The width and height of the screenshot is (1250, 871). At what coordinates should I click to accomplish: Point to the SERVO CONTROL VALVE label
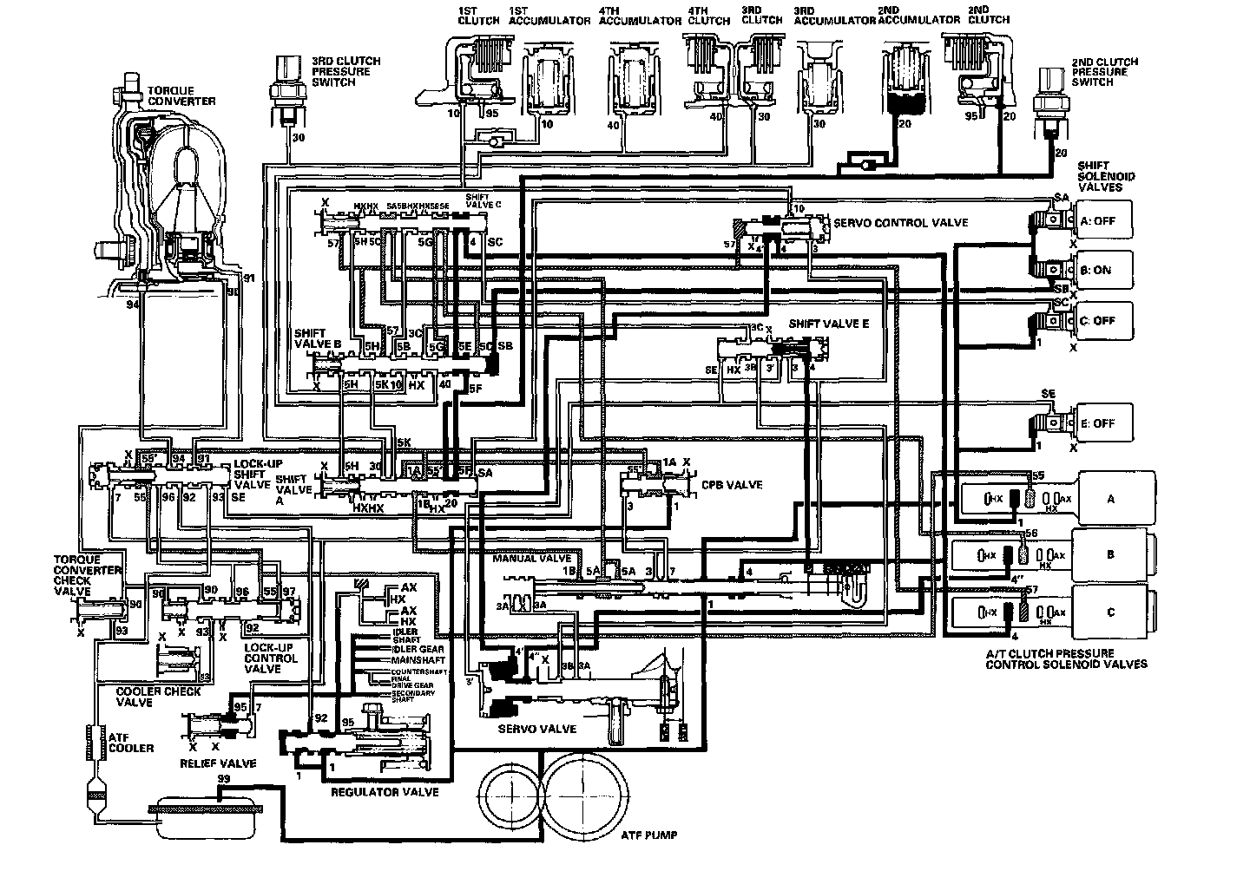coord(900,223)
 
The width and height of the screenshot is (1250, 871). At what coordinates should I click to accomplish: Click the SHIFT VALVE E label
coord(828,324)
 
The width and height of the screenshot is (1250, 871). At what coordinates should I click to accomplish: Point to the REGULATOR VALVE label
coord(385,792)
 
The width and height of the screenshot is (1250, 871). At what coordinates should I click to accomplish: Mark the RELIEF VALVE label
coord(218,763)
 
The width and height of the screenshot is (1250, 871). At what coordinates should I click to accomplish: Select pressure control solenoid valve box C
coord(1110,612)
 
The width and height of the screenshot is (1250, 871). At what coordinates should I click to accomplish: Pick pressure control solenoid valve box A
coord(1110,499)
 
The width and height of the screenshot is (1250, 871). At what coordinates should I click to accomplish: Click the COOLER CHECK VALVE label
coord(159,697)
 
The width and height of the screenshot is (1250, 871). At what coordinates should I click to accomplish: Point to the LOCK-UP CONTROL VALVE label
coord(271,658)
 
